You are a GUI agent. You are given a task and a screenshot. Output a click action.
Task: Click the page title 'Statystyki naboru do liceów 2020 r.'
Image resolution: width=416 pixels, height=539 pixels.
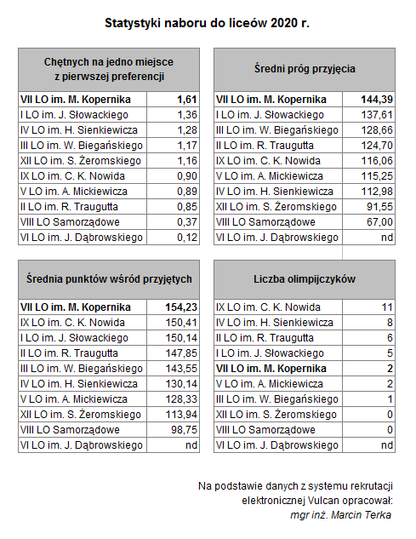tap(207, 23)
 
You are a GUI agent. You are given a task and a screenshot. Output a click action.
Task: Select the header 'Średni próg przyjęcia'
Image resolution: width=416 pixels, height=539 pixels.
tap(305, 69)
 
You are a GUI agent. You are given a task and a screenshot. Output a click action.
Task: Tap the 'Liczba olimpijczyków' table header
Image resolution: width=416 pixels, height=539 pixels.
tap(305, 279)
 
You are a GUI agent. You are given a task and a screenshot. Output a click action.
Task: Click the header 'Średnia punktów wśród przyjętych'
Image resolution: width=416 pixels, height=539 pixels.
tap(109, 278)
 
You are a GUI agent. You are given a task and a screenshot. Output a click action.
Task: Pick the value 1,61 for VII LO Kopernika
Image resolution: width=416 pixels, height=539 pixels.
tap(187, 100)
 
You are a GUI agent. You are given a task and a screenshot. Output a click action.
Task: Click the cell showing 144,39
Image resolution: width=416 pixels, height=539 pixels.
tap(377, 100)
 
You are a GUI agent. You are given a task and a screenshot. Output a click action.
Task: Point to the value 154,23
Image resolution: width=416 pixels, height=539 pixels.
tap(181, 307)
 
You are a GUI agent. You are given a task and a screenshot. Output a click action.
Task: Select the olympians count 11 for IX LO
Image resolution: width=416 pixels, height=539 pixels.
tap(387, 307)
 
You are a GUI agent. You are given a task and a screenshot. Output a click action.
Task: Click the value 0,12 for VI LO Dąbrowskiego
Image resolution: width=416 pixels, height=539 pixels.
tap(187, 238)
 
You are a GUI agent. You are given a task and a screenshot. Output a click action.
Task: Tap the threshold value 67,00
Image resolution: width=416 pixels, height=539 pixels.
tap(379, 222)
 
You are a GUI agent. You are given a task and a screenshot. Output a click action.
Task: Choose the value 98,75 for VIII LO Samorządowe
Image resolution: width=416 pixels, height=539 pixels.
tap(184, 430)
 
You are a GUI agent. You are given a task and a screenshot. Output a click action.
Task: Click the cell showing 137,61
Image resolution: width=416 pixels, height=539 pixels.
tap(377, 115)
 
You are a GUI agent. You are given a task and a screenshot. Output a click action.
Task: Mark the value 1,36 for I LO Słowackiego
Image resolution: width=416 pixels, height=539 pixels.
tap(187, 115)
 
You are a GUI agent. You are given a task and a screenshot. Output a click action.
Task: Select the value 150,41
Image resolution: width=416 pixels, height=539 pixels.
tap(181, 323)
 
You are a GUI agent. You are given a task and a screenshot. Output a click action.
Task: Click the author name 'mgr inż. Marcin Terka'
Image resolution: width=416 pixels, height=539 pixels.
tap(341, 515)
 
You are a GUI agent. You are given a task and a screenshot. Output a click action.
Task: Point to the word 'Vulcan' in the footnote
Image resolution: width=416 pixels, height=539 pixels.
tap(323, 501)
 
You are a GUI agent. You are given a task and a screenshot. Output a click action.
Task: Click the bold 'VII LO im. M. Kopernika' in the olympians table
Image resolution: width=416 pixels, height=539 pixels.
tap(271, 369)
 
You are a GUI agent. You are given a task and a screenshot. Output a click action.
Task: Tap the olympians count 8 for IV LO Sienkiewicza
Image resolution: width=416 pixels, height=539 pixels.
tap(390, 323)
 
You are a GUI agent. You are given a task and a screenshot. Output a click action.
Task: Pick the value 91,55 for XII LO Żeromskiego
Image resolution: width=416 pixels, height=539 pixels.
tap(379, 207)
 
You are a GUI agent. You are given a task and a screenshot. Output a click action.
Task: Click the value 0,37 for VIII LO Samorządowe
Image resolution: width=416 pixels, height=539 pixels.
tap(187, 222)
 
